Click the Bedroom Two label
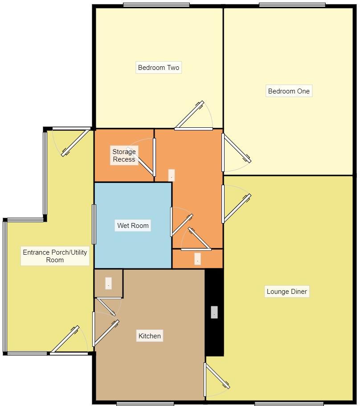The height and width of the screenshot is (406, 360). click(159, 68)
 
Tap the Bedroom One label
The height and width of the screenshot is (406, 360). click(288, 91)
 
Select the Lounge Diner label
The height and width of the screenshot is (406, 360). click(286, 292)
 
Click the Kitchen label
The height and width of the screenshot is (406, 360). click(149, 336)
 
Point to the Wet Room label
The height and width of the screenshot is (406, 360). click(133, 225)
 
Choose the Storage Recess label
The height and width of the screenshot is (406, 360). click(124, 155)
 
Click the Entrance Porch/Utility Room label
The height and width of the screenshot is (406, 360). click(55, 256)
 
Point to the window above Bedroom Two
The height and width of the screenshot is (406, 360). click(156, 5)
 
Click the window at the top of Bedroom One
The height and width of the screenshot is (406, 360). click(292, 5)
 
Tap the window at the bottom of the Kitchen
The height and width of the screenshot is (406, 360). click(145, 404)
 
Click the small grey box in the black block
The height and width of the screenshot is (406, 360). click(214, 313)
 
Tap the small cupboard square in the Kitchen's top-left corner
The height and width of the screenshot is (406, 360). click(108, 283)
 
